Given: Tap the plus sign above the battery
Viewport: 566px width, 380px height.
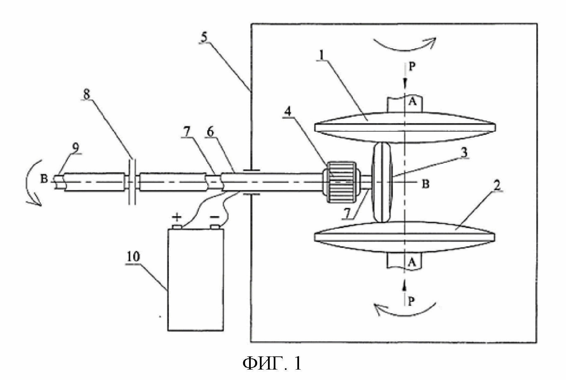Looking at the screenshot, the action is pos(177,217).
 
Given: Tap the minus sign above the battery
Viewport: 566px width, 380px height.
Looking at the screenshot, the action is pos(215,217).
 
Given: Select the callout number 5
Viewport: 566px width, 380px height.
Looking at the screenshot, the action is pos(204,37).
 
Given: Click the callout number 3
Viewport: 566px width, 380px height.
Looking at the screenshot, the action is pos(464,152).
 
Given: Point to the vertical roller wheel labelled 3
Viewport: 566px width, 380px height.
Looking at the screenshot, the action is pos(381,182).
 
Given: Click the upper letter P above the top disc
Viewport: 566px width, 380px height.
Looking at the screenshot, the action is pos(412,67).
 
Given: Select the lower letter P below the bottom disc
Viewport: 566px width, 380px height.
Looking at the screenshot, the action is pos(412,301).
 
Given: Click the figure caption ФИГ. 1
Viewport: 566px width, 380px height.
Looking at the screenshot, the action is pos(272,363).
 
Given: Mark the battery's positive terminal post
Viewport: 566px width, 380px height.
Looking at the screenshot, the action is pos(177,227).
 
